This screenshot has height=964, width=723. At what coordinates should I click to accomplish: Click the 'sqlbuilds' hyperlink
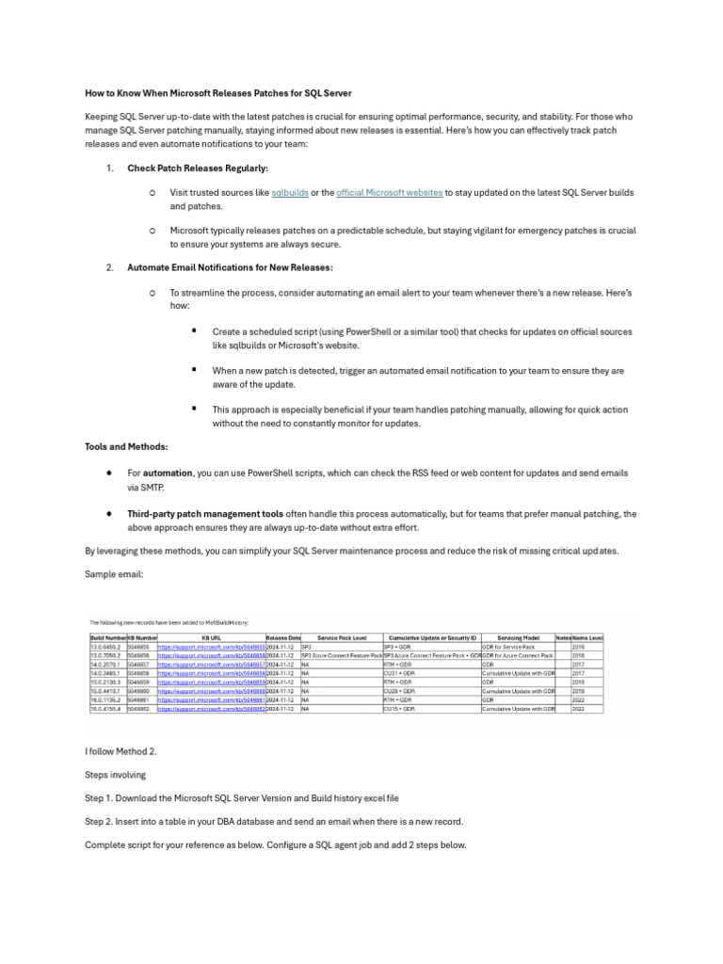click(x=290, y=192)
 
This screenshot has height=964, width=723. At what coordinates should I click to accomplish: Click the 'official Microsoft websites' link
click(x=389, y=192)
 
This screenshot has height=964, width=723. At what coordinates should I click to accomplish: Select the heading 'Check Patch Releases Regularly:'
click(x=198, y=168)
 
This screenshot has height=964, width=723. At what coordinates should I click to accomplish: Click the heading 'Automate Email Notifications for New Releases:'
click(x=230, y=267)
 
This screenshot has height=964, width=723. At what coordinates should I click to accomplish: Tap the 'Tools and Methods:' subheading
click(x=127, y=447)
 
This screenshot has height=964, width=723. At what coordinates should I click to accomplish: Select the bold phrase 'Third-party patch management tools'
click(x=205, y=514)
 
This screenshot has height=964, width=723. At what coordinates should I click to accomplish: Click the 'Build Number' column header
click(x=107, y=637)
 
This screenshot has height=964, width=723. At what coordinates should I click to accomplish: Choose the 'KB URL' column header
click(x=211, y=637)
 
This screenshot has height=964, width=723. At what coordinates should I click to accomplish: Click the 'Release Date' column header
click(x=283, y=637)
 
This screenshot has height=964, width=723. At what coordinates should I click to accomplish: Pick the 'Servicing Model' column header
click(x=518, y=637)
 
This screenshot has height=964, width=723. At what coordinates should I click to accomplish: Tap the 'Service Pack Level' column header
click(x=342, y=637)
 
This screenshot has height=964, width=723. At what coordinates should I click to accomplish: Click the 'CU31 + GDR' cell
click(x=399, y=674)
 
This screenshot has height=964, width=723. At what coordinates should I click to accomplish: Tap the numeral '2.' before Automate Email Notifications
click(x=110, y=267)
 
